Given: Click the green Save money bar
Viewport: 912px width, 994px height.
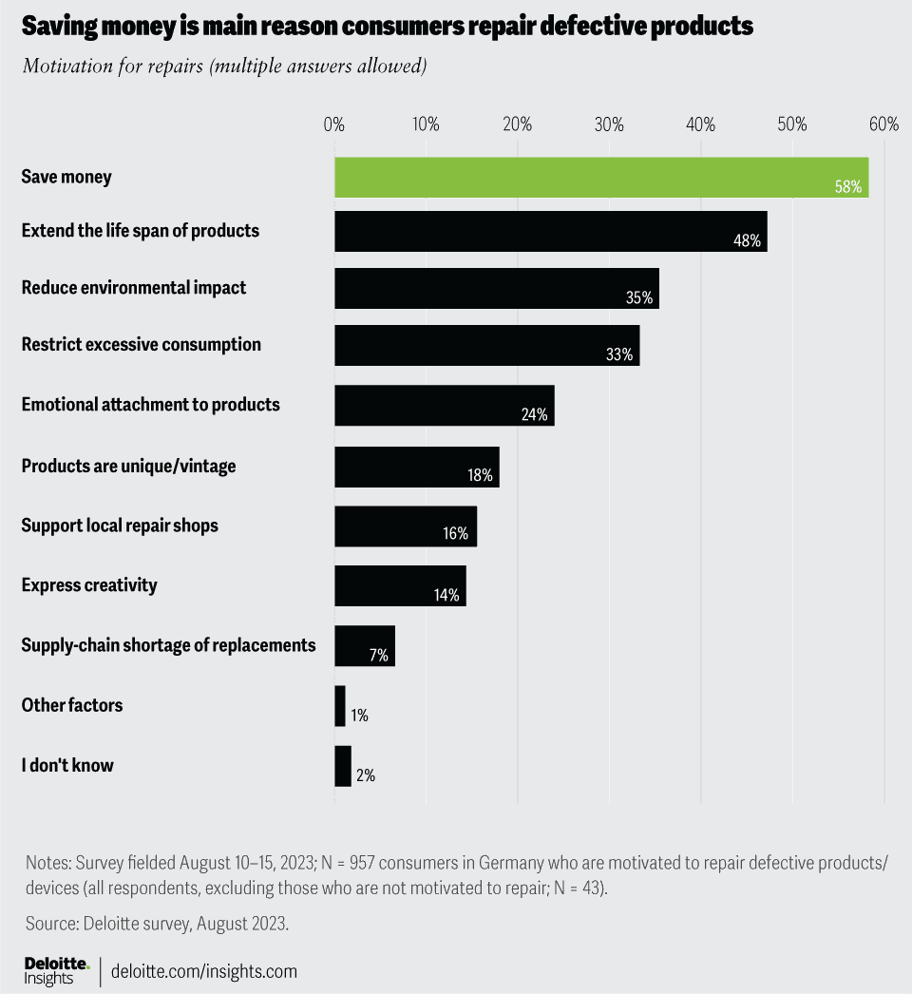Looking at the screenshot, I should tap(600, 178).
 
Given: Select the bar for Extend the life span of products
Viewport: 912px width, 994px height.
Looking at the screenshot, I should tap(550, 231).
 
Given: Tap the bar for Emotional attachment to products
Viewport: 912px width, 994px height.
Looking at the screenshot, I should tap(444, 405).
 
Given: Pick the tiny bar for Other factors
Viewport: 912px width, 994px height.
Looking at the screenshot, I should tap(340, 706).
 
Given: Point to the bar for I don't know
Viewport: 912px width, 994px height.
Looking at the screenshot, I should tap(343, 766).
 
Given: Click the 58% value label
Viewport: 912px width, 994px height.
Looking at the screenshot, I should tap(847, 186).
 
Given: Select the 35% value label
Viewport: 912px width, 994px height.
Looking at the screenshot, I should tap(639, 297).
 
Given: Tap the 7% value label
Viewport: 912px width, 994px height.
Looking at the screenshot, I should tap(378, 656).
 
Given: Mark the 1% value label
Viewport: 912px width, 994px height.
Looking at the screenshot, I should tap(359, 716).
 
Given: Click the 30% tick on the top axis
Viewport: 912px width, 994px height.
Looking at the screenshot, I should tap(609, 124).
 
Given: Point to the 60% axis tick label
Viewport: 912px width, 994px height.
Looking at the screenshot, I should tap(883, 124).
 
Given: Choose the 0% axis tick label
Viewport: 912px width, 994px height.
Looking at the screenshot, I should tap(334, 124).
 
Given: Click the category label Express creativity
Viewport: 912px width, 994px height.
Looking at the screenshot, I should tap(89, 585).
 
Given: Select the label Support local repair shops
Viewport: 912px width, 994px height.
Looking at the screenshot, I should tap(120, 526).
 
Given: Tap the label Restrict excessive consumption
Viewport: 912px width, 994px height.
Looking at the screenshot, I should tap(141, 345).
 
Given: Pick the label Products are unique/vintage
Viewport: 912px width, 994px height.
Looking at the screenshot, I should tap(128, 467).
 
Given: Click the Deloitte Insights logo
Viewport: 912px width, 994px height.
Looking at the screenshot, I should tap(56, 971).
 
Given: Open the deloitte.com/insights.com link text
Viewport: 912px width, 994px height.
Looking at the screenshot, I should tap(204, 971).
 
